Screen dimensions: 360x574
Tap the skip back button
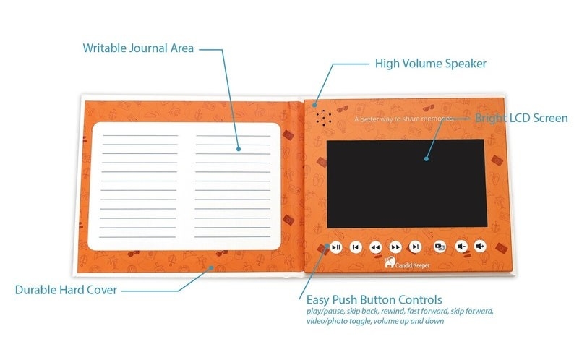[x=355, y=247]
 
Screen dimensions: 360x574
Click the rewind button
[x=375, y=247]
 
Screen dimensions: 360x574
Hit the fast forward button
[x=395, y=247]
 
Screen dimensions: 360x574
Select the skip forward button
[x=415, y=247]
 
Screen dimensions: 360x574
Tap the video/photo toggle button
[x=440, y=247]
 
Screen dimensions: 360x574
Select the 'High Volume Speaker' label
[x=430, y=64]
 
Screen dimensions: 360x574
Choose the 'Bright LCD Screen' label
[x=521, y=118]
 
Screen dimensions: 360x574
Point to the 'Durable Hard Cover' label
[x=67, y=291]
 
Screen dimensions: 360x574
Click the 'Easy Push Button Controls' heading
[x=374, y=299]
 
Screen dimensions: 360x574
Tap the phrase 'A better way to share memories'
[x=405, y=118]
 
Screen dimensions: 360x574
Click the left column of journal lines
[x=139, y=184]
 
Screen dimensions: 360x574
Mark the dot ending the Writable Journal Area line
[x=239, y=149]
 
